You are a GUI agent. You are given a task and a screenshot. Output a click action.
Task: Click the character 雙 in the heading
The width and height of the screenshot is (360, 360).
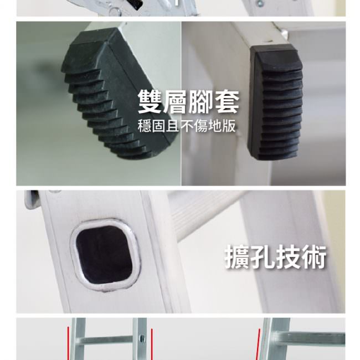[x=150, y=101]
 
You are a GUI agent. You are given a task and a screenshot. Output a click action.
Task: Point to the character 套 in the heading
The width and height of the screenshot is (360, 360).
[x=227, y=101]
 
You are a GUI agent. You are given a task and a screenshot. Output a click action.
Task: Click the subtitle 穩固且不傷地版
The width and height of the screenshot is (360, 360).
[x=187, y=126]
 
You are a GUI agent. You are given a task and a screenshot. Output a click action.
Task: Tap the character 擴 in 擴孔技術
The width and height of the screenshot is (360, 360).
[x=237, y=256]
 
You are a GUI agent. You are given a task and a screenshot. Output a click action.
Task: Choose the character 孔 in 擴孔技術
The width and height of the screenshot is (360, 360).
[x=263, y=256]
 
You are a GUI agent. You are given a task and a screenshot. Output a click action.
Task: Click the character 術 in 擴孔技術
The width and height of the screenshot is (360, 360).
[x=313, y=256]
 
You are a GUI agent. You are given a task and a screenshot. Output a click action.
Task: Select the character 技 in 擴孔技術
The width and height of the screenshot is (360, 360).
[x=288, y=256]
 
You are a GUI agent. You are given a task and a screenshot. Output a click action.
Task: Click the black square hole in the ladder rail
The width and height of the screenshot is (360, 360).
[x=104, y=254]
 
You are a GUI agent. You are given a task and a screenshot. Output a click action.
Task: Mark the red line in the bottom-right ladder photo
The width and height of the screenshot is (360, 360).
[x=258, y=344]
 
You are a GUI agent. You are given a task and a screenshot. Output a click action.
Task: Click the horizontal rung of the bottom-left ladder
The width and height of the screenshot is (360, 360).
[x=107, y=340]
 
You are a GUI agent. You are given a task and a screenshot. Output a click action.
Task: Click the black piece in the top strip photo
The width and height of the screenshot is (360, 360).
[x=134, y=4]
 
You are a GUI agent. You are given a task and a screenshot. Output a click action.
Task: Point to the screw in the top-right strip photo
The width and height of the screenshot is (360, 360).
[x=260, y=3]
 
